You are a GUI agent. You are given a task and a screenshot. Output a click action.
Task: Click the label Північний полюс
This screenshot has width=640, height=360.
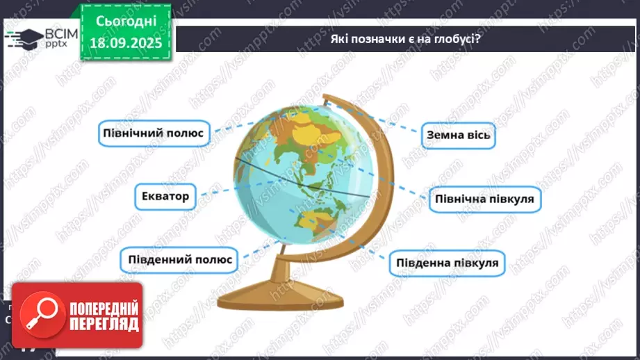click(154, 132)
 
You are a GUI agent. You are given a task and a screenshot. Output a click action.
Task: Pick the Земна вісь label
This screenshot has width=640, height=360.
click(459, 135)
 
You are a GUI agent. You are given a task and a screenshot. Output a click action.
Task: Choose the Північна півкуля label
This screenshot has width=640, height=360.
click(484, 199)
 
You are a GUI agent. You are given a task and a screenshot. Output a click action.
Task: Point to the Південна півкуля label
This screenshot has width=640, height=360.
click(448, 263)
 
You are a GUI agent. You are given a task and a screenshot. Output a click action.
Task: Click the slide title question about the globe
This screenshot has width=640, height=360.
click(406, 39)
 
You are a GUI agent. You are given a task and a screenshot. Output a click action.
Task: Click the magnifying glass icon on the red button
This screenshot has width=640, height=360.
click(39, 314)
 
